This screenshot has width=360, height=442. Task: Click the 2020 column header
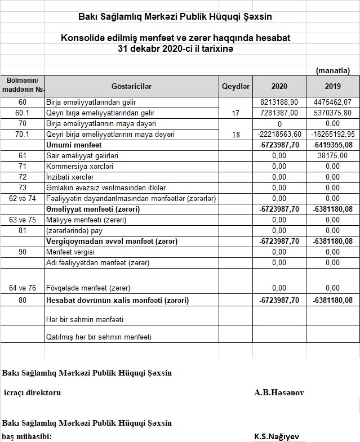click(x=279, y=86)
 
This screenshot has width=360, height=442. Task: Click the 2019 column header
click(x=333, y=86)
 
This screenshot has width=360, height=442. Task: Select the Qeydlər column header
click(x=235, y=86)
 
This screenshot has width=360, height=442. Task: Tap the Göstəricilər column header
click(x=131, y=86)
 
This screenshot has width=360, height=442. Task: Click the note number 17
click(x=235, y=114)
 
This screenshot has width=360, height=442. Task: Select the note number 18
click(x=235, y=135)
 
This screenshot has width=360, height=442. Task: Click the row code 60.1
click(x=23, y=113)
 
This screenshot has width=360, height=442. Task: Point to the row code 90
click(x=23, y=252)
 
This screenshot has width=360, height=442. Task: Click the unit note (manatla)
click(x=333, y=70)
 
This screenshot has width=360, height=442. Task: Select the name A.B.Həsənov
click(x=279, y=392)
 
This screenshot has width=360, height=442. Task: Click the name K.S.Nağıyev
click(x=276, y=436)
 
